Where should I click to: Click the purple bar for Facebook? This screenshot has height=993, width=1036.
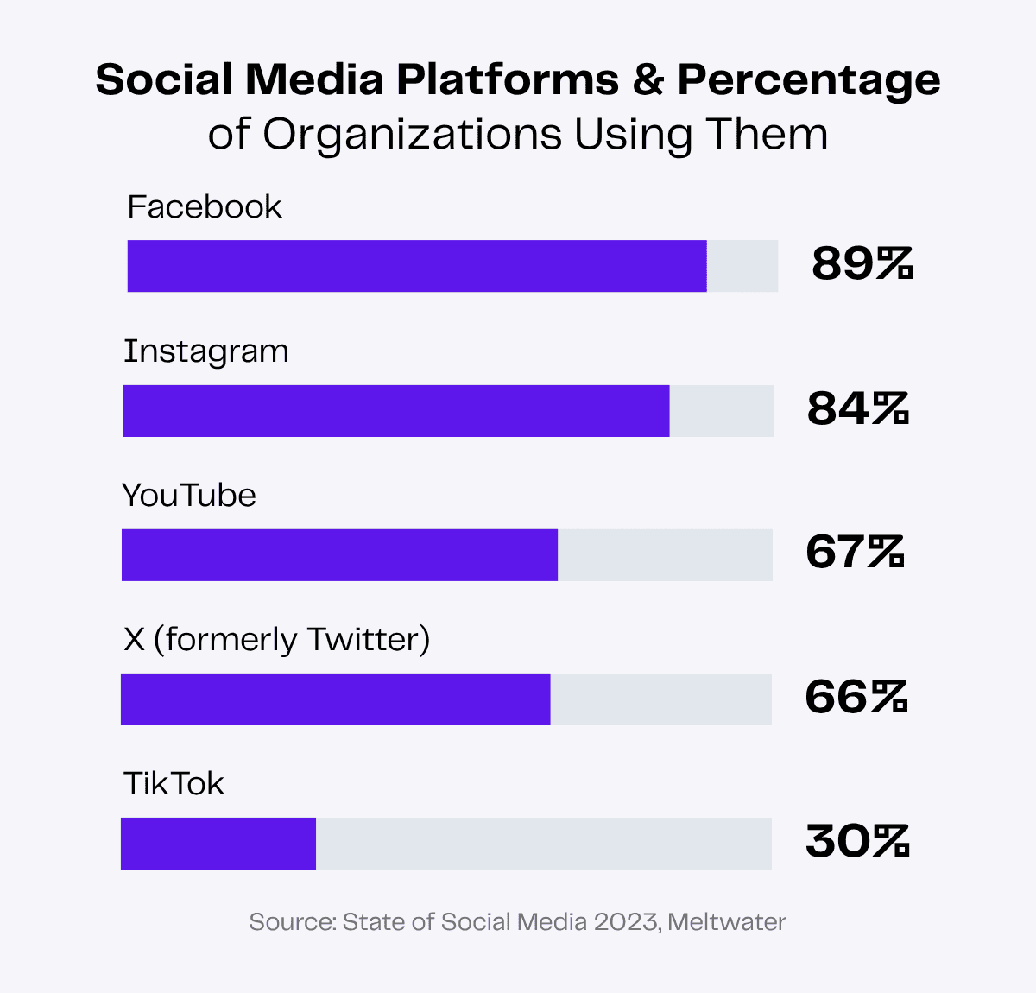click(x=417, y=266)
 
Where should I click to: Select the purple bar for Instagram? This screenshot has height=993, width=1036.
click(x=395, y=411)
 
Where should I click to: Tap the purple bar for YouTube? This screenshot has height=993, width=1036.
click(x=339, y=555)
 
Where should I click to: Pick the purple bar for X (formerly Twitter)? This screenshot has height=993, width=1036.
click(x=335, y=699)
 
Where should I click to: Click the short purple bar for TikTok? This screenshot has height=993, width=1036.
click(x=218, y=844)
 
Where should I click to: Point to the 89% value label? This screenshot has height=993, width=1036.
click(x=862, y=264)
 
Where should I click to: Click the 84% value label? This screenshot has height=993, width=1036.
click(x=858, y=408)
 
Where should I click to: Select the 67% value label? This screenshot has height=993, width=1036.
click(x=855, y=552)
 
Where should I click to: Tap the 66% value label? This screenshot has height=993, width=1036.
click(x=856, y=697)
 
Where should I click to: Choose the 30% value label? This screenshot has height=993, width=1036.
click(x=857, y=841)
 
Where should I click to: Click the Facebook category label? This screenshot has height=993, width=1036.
click(x=205, y=207)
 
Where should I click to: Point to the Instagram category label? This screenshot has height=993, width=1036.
click(x=206, y=352)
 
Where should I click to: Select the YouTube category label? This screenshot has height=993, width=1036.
click(x=189, y=496)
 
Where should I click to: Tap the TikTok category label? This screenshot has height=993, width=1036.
click(x=174, y=784)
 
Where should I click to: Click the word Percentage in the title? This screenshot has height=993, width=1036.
click(x=808, y=80)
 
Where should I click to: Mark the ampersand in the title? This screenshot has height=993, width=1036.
click(x=647, y=80)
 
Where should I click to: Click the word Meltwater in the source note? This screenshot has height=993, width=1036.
click(x=727, y=922)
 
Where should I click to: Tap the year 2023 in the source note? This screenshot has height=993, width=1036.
click(x=626, y=922)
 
